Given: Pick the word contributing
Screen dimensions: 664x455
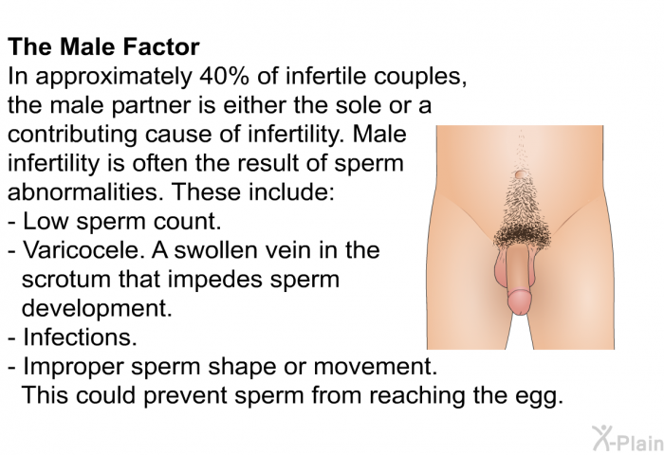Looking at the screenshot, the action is [x=72, y=136].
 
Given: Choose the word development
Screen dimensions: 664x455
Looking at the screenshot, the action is [x=97, y=309].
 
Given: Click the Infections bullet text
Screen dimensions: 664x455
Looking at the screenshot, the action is [x=80, y=337].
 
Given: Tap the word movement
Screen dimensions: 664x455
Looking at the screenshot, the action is [x=376, y=366].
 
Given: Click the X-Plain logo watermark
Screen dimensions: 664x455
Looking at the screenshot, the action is [x=627, y=438].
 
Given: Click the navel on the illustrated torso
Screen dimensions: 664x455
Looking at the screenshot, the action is [x=520, y=173].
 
